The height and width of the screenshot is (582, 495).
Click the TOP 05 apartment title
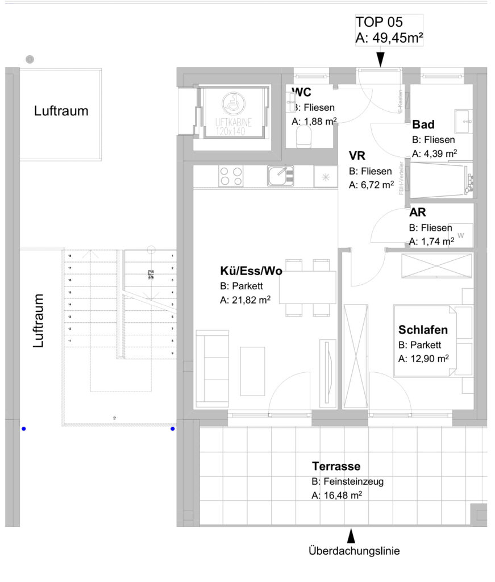click(379, 22)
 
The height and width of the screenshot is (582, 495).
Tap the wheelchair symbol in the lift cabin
click(231, 103)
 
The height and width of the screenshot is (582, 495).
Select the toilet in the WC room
click(305, 136)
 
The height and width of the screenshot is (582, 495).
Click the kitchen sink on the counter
click(280, 176)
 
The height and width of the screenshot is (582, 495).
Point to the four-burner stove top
click(231, 176)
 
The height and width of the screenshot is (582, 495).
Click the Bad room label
click(423, 124)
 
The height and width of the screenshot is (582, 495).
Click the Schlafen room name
click(423, 330)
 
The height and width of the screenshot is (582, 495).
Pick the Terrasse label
click(336, 467)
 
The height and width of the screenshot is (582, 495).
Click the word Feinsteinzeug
click(353, 481)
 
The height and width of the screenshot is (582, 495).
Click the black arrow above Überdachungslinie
click(351, 535)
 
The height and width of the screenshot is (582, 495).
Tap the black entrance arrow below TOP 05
click(380, 59)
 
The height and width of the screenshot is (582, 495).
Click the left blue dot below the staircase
click(23, 429)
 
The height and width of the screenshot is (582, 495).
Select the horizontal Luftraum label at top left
click(61, 111)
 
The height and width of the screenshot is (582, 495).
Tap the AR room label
click(418, 213)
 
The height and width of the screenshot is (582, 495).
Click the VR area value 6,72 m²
click(371, 185)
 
